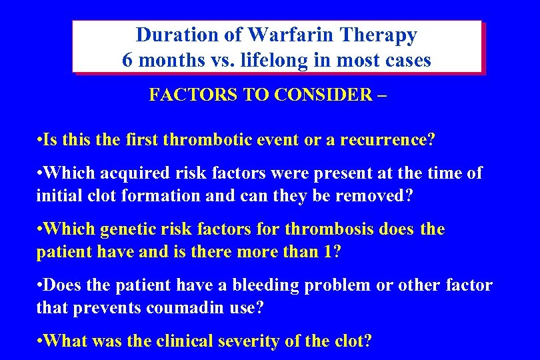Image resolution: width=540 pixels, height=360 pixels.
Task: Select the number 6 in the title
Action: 128,60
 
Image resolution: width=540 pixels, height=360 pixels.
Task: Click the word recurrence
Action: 383,140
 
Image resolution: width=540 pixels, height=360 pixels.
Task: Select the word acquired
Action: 128,174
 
